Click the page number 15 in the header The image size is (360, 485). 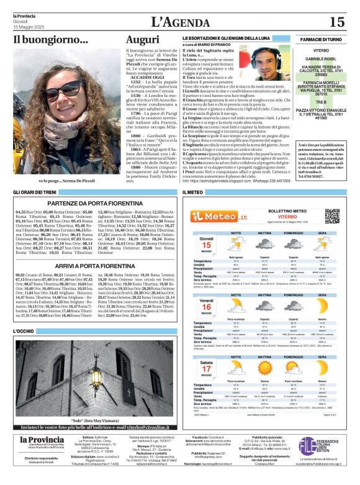tap(336, 22)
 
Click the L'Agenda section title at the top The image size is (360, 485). tap(180, 21)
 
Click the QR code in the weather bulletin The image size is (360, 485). tap(333, 217)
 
